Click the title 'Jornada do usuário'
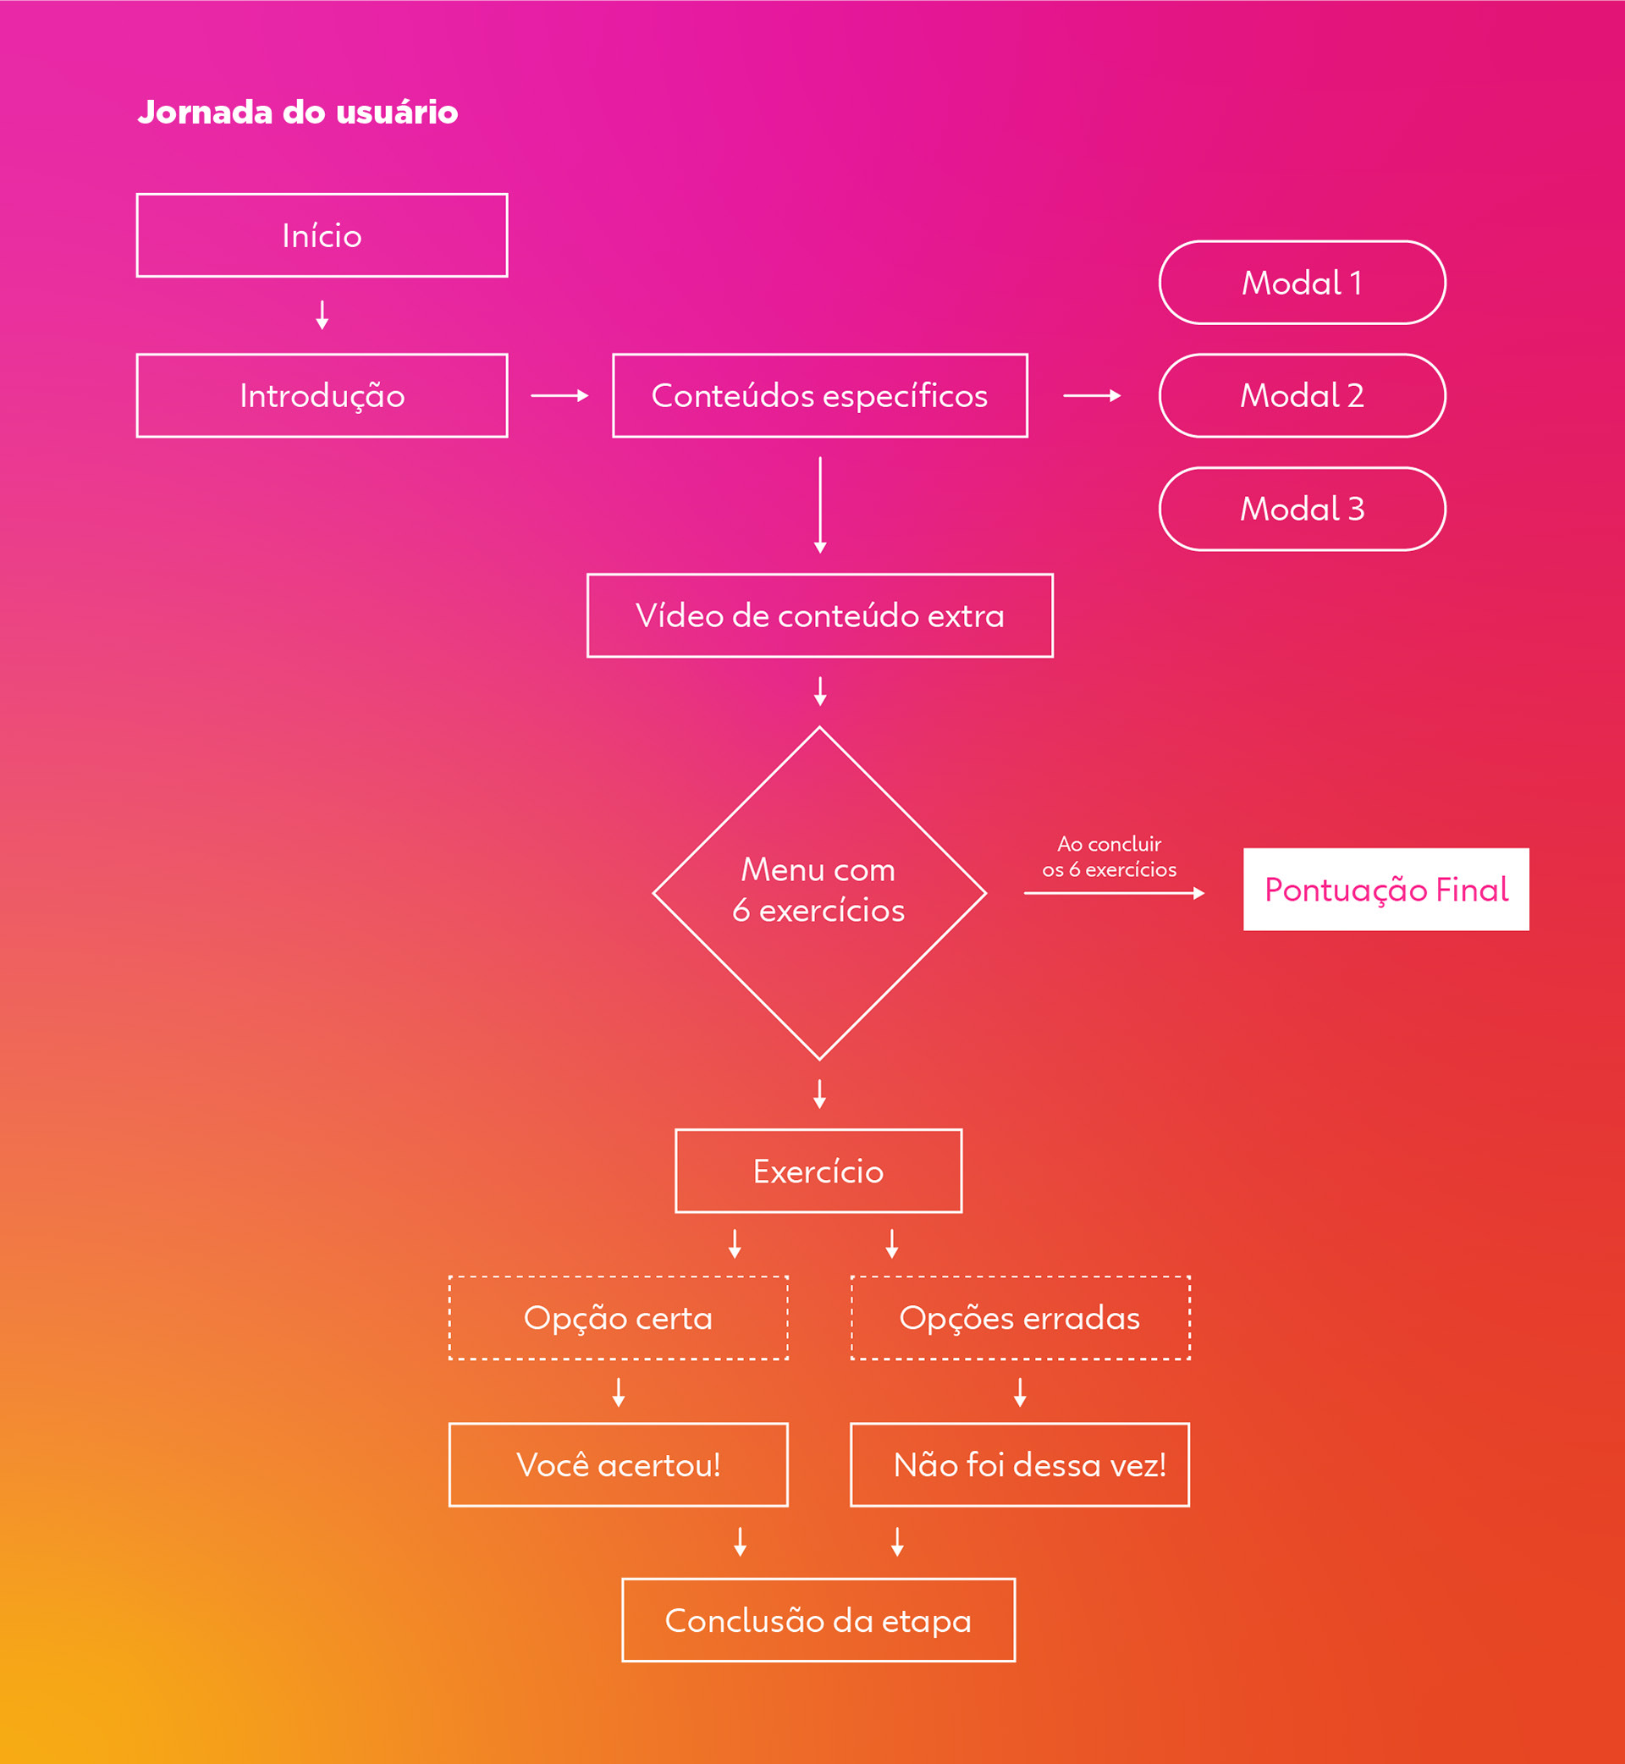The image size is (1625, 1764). coord(297,112)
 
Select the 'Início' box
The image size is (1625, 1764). coord(322,234)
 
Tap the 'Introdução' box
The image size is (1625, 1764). coord(322,395)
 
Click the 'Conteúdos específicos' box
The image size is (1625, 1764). coord(819,395)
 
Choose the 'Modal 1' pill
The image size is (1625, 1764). coord(1302,282)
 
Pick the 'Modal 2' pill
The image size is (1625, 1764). coord(1302,395)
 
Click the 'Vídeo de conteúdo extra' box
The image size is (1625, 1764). coord(819,615)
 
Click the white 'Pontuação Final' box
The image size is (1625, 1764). coord(1385,889)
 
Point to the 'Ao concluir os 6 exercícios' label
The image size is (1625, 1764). coord(1109,857)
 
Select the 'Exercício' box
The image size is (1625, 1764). coord(818,1171)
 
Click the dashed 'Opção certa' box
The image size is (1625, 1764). coord(617,1317)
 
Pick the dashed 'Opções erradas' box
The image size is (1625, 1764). coord(1019,1317)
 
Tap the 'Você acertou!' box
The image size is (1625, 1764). coord(617,1464)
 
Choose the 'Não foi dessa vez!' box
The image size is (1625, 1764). coord(1019,1464)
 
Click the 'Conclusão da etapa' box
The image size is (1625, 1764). coord(818,1620)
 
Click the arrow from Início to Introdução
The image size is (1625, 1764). coord(322,315)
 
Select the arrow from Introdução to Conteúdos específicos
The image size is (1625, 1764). coord(559,395)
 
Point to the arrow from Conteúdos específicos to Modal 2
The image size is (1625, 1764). coord(1091,395)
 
